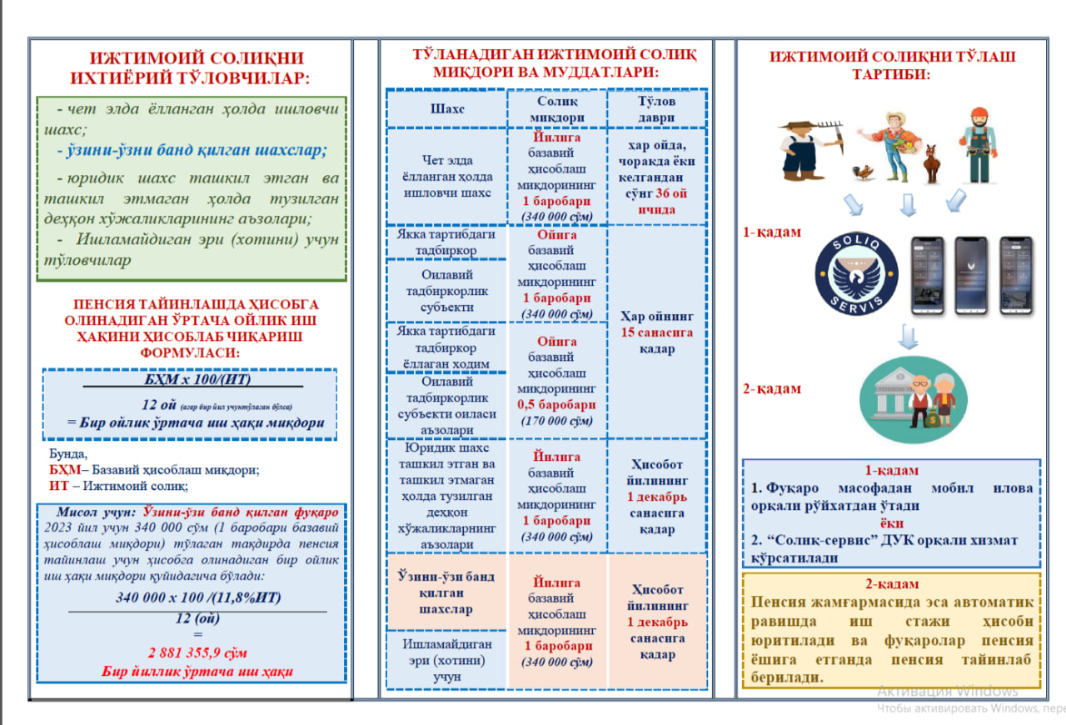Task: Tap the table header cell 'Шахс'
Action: pos(447,109)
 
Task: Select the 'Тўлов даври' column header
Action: pos(656,109)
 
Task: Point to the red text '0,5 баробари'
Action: pos(556,404)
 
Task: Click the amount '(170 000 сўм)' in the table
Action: pos(556,420)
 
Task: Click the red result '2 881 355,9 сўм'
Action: pos(198,652)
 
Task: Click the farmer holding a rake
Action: pos(804,150)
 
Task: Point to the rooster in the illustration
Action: pos(864,172)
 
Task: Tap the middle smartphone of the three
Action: pos(970,275)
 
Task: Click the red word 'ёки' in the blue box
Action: pos(891,522)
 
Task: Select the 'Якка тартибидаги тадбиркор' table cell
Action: pos(447,242)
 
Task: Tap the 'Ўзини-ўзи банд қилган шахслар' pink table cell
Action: pos(447,592)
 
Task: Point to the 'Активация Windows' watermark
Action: pos(948,692)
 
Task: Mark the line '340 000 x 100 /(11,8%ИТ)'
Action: pos(198,597)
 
